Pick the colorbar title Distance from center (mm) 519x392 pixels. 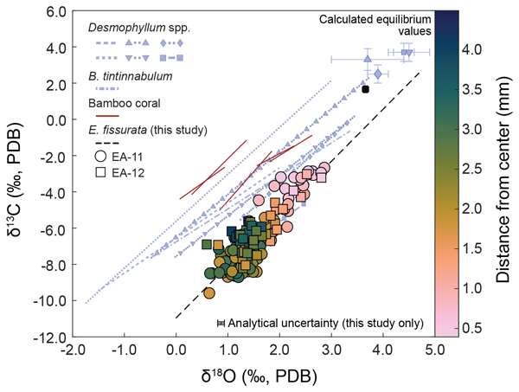point(505,174)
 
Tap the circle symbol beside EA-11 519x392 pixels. point(101,157)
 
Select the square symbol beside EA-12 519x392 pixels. point(101,173)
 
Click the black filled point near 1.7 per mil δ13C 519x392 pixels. point(366,89)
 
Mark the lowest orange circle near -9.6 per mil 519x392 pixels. point(208,293)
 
